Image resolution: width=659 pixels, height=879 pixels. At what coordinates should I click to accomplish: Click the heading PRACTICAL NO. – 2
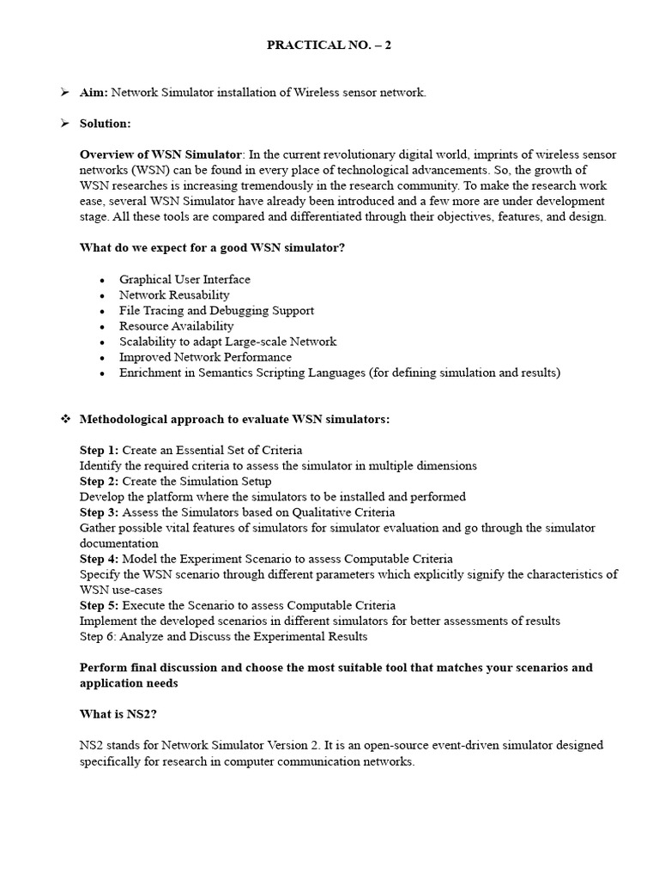tap(329, 45)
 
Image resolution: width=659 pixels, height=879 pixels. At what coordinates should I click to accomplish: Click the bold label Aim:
tap(94, 93)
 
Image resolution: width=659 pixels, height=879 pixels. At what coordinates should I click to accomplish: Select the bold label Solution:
tap(105, 124)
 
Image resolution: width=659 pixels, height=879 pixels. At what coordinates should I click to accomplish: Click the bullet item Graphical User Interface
tap(184, 280)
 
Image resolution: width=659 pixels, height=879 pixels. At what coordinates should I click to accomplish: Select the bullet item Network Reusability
tap(174, 295)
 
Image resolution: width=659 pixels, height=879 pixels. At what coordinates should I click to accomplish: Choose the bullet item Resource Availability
tap(176, 326)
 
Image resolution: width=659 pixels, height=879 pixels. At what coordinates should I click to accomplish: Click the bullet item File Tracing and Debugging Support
tap(216, 311)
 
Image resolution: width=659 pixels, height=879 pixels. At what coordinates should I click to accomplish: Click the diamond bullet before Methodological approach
tap(63, 419)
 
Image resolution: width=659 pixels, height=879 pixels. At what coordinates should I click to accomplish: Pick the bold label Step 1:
tap(100, 450)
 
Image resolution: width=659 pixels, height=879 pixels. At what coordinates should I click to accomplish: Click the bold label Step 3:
tap(100, 512)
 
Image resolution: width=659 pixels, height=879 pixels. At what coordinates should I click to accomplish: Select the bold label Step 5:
tap(100, 605)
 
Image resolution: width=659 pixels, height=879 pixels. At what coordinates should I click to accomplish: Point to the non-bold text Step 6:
tap(99, 636)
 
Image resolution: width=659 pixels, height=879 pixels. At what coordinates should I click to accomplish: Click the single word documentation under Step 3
tap(118, 543)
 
